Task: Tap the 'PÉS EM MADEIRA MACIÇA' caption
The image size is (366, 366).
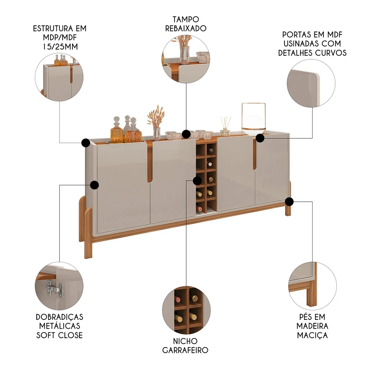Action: point(312,326)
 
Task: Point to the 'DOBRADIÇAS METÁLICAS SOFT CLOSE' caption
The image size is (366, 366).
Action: point(60,326)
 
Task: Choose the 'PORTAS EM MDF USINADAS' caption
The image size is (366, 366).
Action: point(312,44)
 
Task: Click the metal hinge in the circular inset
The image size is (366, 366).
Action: point(54,289)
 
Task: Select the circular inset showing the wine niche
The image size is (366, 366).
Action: point(186,311)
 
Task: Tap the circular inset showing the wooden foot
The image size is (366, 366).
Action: point(312,285)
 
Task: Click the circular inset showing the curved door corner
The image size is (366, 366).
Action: point(311,84)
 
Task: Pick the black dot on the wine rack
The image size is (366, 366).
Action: point(197,180)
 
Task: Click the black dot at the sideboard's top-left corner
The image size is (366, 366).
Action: point(86,142)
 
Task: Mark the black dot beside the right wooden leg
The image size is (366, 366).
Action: point(289,201)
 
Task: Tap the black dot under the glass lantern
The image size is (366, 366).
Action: point(260,138)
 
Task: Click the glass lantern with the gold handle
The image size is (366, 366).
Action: point(253,119)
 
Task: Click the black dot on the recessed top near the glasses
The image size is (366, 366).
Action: point(186,134)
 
